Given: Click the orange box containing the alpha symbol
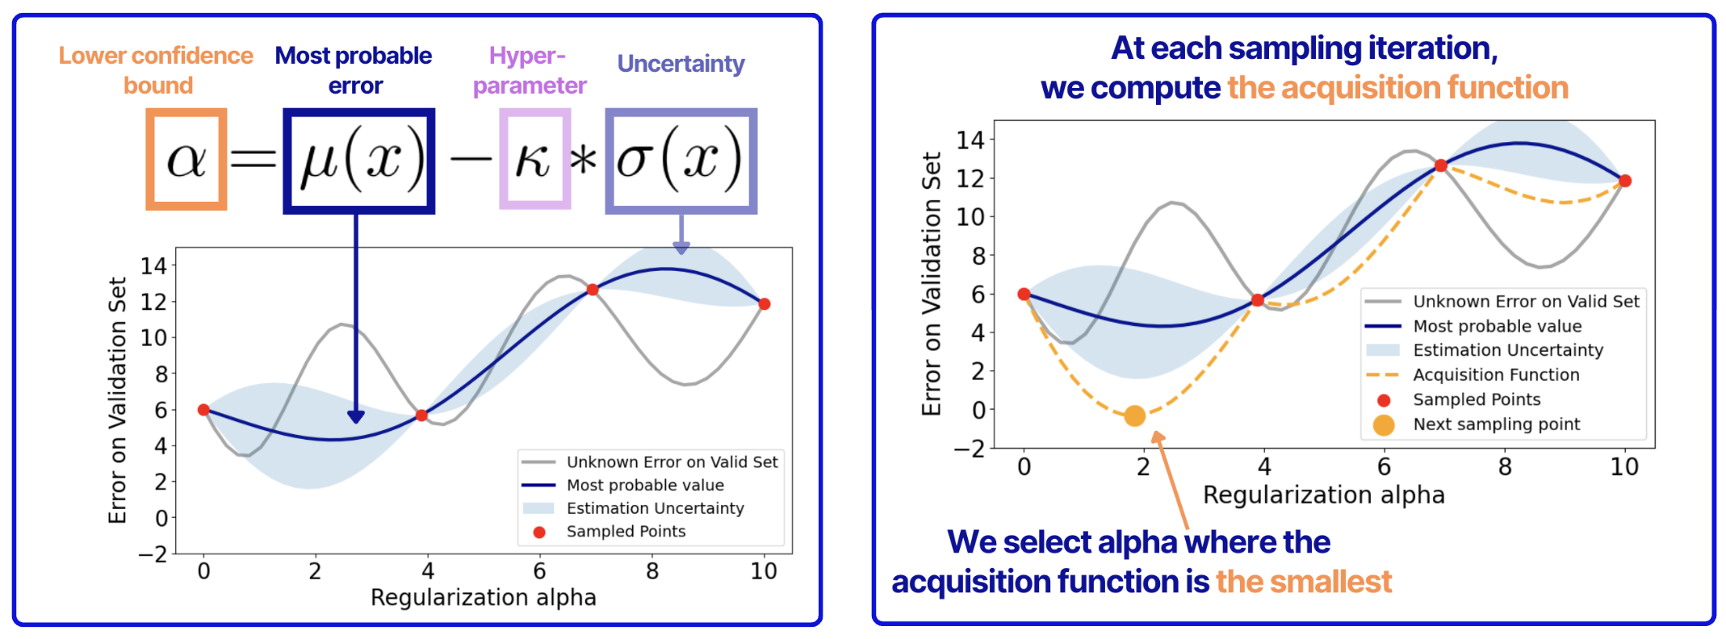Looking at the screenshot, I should pyautogui.click(x=186, y=159).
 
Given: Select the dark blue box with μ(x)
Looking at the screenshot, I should pyautogui.click(x=358, y=161).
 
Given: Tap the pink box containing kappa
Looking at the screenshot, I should pyautogui.click(x=534, y=159).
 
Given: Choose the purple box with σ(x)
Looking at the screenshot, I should pyautogui.click(x=681, y=161).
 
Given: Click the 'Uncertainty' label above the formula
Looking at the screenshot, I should pyautogui.click(x=681, y=64).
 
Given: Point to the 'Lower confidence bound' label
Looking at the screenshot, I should pyautogui.click(x=156, y=70).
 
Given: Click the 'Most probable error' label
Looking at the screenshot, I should pyautogui.click(x=354, y=70).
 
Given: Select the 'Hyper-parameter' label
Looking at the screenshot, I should pyautogui.click(x=529, y=70).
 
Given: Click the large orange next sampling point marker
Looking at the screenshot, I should pyautogui.click(x=1134, y=416).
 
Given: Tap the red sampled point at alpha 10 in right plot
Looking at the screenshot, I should pyautogui.click(x=1625, y=181).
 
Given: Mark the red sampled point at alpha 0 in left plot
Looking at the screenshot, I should pyautogui.click(x=203, y=410).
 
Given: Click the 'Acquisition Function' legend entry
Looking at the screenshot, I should pyautogui.click(x=1495, y=374).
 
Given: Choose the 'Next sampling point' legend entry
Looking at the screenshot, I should pyautogui.click(x=1496, y=424).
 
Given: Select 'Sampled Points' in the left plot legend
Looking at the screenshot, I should pyautogui.click(x=626, y=531).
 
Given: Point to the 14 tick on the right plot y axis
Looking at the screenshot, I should pyautogui.click(x=970, y=140).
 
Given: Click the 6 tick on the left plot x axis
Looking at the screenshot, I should pyautogui.click(x=539, y=571).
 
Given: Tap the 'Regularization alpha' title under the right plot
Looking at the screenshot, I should pyautogui.click(x=1323, y=495).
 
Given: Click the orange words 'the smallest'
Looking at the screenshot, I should pyautogui.click(x=1303, y=581).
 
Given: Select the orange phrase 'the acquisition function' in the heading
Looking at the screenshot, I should pyautogui.click(x=1397, y=87).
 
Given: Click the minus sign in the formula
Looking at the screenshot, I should pyautogui.click(x=470, y=158).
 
